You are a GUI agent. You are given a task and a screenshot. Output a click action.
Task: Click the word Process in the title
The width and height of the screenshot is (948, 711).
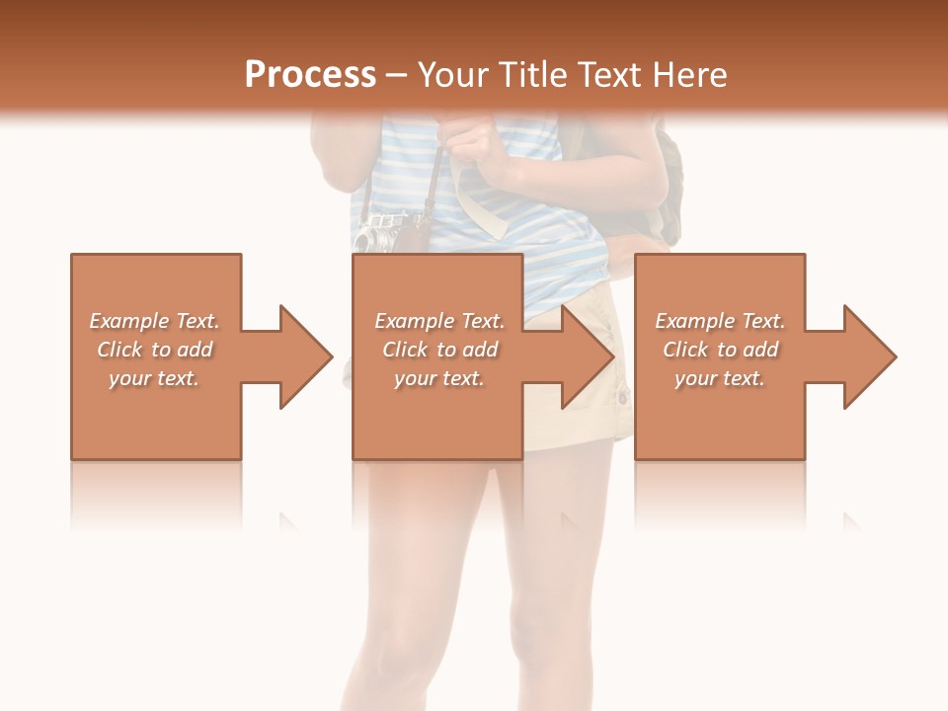(x=310, y=75)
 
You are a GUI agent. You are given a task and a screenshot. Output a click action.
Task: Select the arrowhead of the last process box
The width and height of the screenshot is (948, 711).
(x=868, y=356)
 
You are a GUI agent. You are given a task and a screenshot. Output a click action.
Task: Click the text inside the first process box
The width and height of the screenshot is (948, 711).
(x=154, y=350)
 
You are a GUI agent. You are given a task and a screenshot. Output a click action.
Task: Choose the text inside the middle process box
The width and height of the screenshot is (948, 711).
(x=439, y=350)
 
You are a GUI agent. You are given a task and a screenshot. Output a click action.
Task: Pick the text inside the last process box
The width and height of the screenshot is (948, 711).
(x=720, y=350)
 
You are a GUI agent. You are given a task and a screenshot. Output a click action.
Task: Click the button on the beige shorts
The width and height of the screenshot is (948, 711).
(x=622, y=399)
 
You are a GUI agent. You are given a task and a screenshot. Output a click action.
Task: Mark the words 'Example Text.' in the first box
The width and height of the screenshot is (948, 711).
(x=154, y=321)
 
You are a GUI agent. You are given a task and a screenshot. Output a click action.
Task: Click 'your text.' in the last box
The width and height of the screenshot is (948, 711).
(x=720, y=378)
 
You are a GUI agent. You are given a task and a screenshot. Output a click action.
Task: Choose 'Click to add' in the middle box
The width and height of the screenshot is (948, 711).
(x=439, y=350)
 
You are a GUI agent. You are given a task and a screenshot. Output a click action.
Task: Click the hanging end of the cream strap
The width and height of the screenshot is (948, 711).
(x=494, y=222)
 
